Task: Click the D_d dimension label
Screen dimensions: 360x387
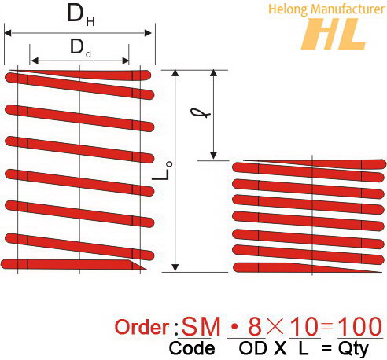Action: pos(79,47)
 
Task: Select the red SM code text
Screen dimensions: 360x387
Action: pos(200,326)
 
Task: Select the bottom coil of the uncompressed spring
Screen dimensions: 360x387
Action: pos(71,264)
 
